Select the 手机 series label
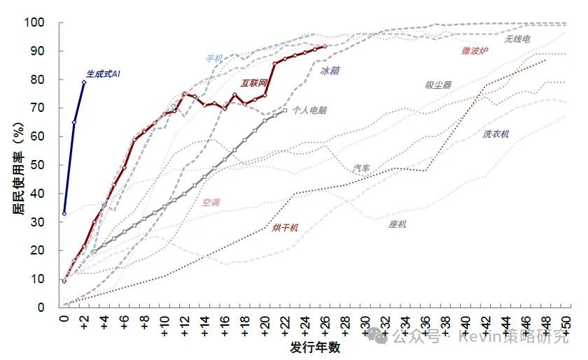(x=214, y=58)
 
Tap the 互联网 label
(x=254, y=82)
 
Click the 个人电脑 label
(x=309, y=110)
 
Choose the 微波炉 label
(x=475, y=50)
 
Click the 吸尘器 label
(x=438, y=85)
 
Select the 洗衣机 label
(x=496, y=134)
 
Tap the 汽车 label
(x=363, y=168)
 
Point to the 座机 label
(x=398, y=224)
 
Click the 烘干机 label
(x=285, y=227)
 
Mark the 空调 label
(x=211, y=203)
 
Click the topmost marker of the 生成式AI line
(x=84, y=82)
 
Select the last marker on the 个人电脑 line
(x=284, y=110)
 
